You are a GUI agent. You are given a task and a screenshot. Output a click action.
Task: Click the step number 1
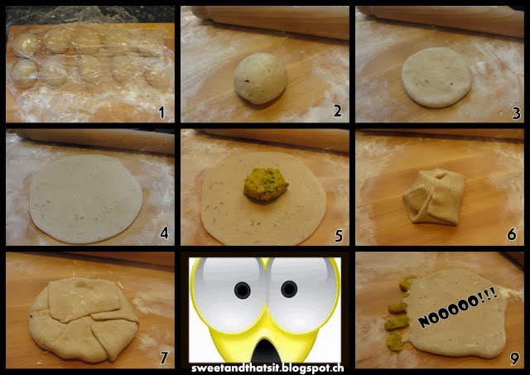[x=161, y=112]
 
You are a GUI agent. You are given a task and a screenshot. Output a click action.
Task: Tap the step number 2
[x=337, y=111]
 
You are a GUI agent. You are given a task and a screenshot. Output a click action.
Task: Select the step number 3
[x=516, y=113]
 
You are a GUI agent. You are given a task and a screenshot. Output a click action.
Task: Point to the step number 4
[x=165, y=233]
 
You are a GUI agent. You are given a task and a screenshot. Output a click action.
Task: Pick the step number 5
[x=339, y=236]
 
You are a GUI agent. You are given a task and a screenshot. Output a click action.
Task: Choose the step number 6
[x=512, y=233]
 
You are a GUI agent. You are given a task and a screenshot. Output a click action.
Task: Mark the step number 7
[x=164, y=358]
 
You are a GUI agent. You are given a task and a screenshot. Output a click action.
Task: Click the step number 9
[x=514, y=358]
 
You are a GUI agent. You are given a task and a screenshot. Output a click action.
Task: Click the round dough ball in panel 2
[x=260, y=78]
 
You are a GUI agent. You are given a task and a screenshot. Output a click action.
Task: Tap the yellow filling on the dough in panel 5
[x=266, y=184]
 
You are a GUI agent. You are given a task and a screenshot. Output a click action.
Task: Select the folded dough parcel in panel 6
[x=434, y=197]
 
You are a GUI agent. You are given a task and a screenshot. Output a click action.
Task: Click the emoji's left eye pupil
[x=243, y=291]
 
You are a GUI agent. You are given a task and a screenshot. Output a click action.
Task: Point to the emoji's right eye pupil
[x=289, y=289]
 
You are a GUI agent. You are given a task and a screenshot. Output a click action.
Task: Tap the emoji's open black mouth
[x=266, y=353]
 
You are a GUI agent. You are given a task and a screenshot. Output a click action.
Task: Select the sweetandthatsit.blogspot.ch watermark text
[x=267, y=368]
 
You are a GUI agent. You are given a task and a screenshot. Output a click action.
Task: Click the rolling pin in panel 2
[x=271, y=21]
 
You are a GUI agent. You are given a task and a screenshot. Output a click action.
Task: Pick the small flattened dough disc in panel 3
[x=436, y=78]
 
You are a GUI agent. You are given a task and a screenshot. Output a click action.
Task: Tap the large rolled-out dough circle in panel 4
[x=86, y=199]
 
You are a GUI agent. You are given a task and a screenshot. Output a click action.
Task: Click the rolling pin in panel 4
[x=94, y=141]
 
